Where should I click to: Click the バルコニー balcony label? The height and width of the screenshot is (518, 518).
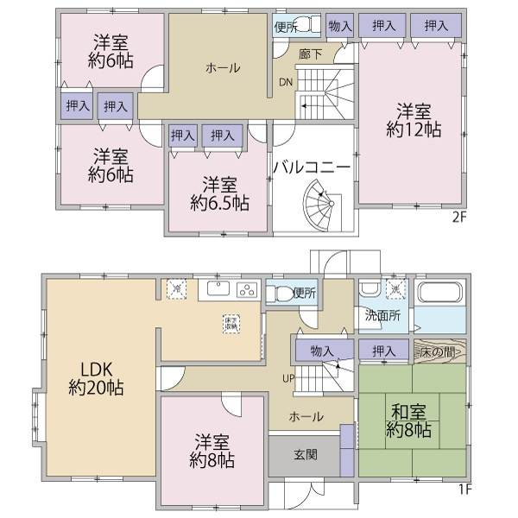(x=312, y=167)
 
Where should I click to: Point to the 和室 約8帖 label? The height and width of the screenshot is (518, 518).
(x=408, y=418)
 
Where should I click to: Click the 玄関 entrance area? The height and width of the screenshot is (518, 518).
(x=305, y=454)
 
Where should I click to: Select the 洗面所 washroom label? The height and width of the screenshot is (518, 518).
(x=382, y=316)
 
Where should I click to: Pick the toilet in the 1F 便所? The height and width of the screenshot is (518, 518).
(x=278, y=293)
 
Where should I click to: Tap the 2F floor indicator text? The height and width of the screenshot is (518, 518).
(x=458, y=218)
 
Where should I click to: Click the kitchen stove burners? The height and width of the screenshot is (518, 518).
(x=247, y=289)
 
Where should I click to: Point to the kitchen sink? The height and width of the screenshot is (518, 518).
(x=216, y=289)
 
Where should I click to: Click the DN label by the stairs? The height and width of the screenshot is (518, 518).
(x=286, y=83)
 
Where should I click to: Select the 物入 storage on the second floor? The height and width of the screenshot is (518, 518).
(x=340, y=26)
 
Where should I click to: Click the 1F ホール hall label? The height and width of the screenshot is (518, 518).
(x=306, y=416)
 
